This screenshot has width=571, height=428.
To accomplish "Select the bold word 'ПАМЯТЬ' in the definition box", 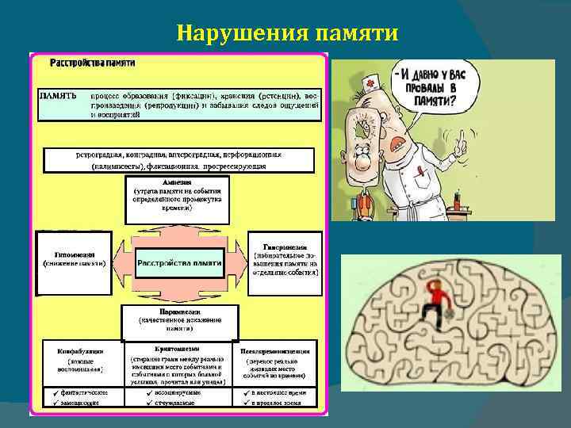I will click(x=59, y=95).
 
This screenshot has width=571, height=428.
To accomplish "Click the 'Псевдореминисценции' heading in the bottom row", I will click(x=275, y=350).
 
